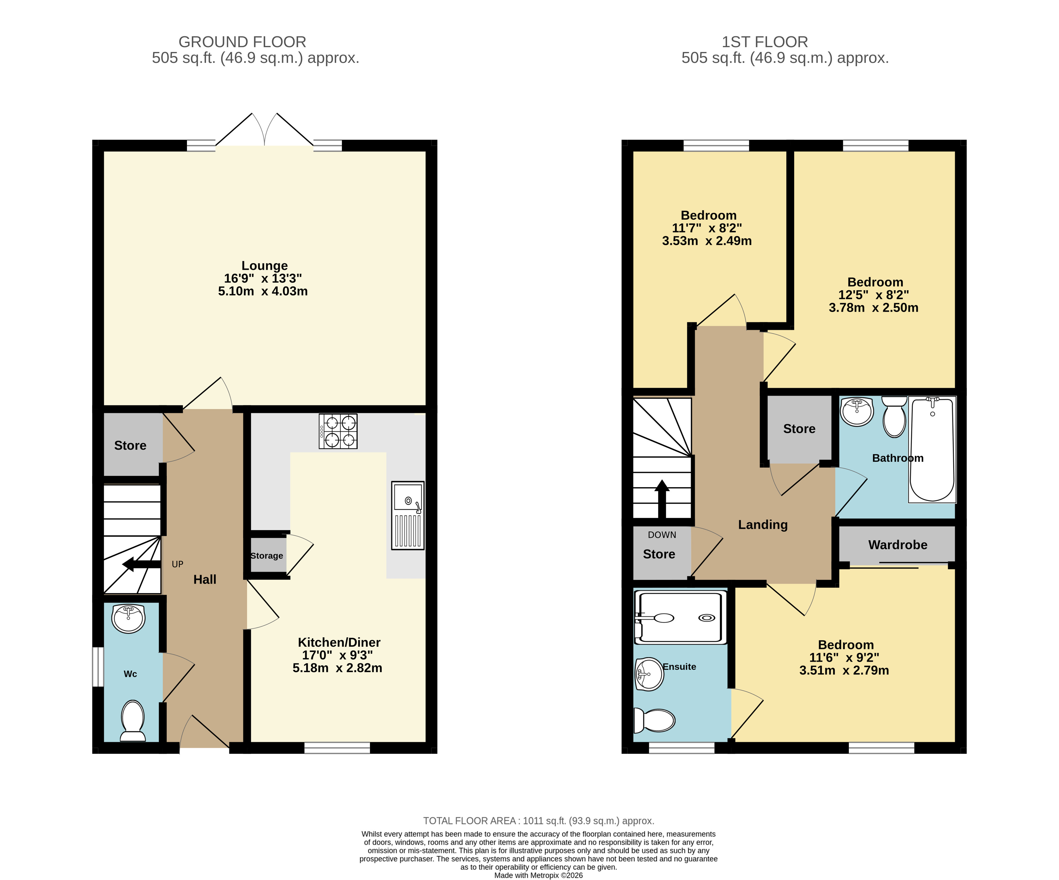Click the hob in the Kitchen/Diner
tap(338, 432)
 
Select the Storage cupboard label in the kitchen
tap(267, 555)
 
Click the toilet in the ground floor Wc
tap(133, 720)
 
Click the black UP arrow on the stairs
tap(142, 564)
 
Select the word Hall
tap(205, 579)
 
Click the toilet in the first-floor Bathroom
tap(895, 416)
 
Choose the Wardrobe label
tap(898, 545)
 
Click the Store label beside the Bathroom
tap(799, 429)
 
